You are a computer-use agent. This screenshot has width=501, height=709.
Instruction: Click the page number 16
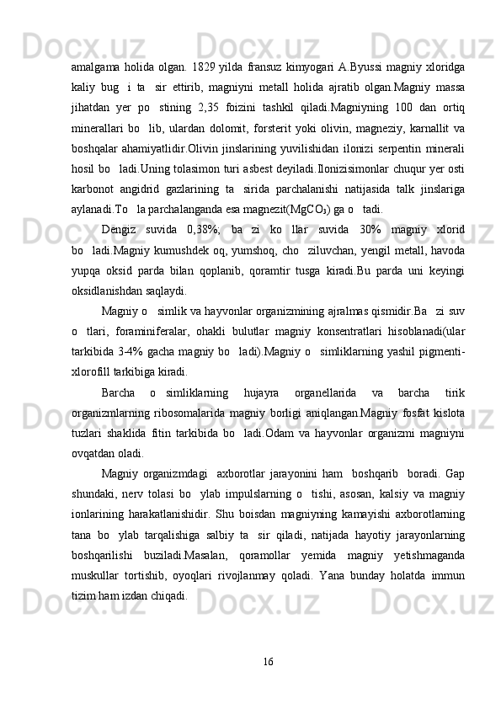267,658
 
